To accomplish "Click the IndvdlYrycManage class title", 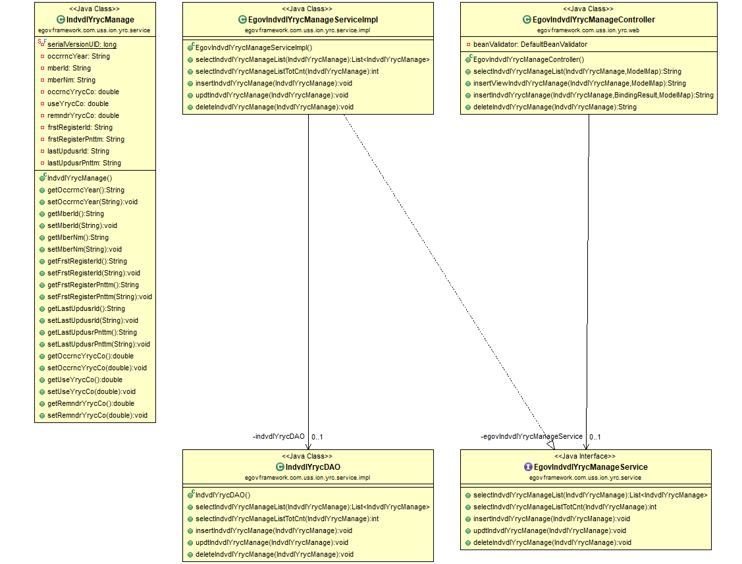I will pyautogui.click(x=100, y=20).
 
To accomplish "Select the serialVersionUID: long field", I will pyautogui.click(x=82, y=44).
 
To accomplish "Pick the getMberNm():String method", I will pyautogui.click(x=78, y=237).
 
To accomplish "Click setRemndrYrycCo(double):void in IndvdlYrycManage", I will pyautogui.click(x=97, y=415).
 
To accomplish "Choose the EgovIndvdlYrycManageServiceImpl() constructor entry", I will pyautogui.click(x=253, y=47).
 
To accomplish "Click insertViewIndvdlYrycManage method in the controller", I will pyautogui.click(x=579, y=83).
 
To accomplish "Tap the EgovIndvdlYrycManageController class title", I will pyautogui.click(x=593, y=20).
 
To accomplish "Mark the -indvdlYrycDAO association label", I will pyautogui.click(x=278, y=436).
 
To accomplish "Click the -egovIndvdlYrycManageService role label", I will pyautogui.click(x=531, y=436).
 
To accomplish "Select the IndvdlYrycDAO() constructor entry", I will pyautogui.click(x=223, y=495).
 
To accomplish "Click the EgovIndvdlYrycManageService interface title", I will pyautogui.click(x=590, y=467).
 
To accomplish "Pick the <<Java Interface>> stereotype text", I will pyautogui.click(x=585, y=456).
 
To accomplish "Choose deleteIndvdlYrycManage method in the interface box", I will pyautogui.click(x=552, y=542).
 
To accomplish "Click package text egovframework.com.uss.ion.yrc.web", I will pyautogui.click(x=588, y=30).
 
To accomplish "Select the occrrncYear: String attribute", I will pyautogui.click(x=78, y=56).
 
